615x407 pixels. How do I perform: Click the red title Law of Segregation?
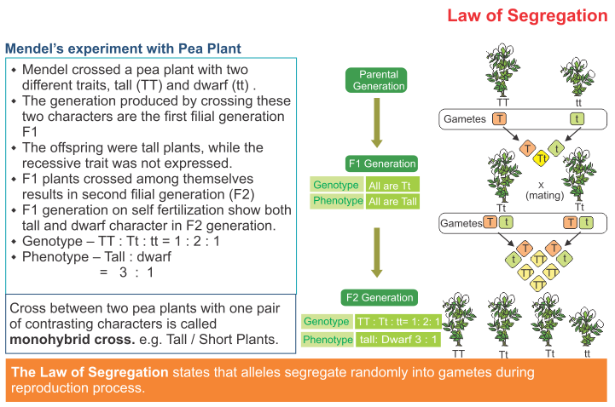527,15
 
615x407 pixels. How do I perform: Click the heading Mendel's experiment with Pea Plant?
123,48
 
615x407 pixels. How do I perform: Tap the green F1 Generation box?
381,163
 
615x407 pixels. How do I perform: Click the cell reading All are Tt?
392,185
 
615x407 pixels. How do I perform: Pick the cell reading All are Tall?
393,202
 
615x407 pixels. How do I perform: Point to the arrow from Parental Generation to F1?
376,122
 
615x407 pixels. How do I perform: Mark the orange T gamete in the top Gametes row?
499,119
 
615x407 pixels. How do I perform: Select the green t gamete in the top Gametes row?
577,119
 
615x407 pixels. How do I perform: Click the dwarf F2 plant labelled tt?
586,327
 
